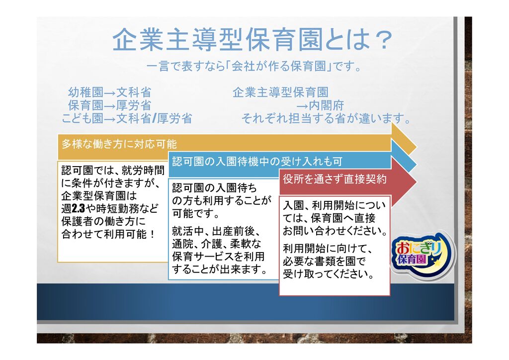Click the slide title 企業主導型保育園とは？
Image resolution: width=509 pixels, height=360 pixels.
tap(252, 39)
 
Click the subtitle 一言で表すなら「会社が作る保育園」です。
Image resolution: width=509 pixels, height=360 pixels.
tap(254, 66)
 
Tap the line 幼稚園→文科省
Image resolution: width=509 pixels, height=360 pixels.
tap(110, 92)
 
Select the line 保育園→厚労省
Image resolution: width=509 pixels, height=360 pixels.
tap(110, 105)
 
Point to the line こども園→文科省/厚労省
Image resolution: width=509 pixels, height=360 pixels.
tap(127, 118)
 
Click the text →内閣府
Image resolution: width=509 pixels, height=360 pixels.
tap(320, 105)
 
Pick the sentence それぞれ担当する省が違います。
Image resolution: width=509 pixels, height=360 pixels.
tap(326, 118)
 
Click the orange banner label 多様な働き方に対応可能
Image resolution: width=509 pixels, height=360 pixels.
tap(119, 144)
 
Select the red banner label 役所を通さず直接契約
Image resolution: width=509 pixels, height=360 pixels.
tap(335, 179)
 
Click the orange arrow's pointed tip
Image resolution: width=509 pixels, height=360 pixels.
tap(417, 146)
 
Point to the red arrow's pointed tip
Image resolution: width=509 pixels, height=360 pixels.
tap(417, 182)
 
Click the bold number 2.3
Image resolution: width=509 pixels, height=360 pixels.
tap(78, 208)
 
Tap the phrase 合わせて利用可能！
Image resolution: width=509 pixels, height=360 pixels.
tap(109, 234)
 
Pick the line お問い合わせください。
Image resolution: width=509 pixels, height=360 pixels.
tap(336, 231)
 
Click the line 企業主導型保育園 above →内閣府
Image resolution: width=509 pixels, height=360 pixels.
tap(280, 92)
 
